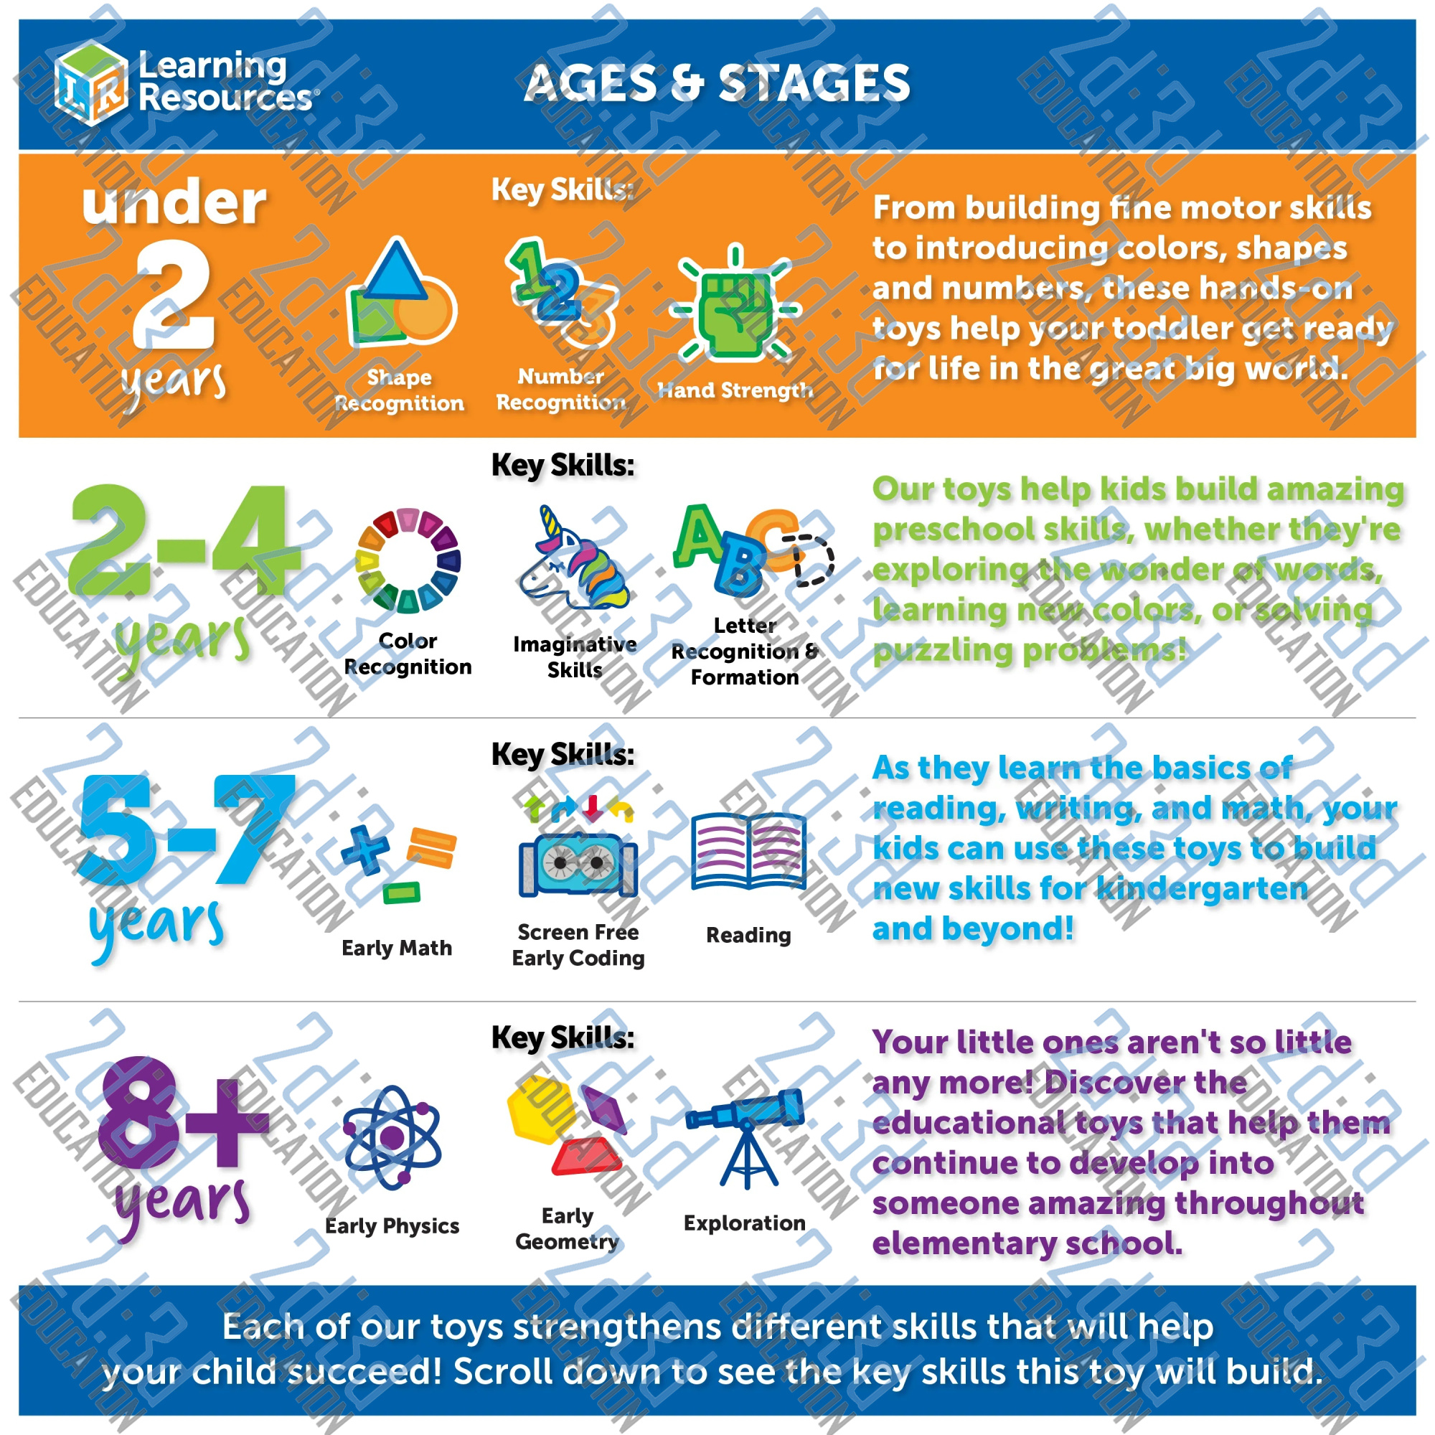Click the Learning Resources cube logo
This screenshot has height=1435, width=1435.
[90, 83]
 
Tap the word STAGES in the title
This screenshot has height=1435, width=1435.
[814, 83]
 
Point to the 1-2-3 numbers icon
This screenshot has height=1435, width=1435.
[563, 294]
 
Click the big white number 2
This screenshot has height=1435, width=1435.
[174, 294]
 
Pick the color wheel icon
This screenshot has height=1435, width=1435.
[408, 561]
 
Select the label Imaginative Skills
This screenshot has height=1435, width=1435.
[574, 657]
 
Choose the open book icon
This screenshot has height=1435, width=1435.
[748, 851]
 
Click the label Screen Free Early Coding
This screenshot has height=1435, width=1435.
[578, 945]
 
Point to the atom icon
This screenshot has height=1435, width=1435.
[392, 1137]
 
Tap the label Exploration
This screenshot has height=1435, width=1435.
[744, 1223]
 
